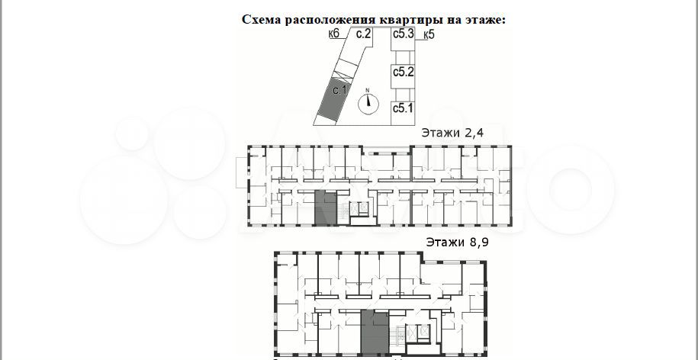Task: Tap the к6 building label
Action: (x=334, y=34)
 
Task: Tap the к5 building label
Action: (x=429, y=35)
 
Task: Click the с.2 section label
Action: (x=364, y=34)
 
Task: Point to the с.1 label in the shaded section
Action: (x=340, y=90)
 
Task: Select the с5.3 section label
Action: (x=404, y=34)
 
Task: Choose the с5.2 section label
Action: (x=404, y=72)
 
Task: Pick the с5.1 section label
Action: (x=404, y=108)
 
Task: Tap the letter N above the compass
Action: (x=368, y=90)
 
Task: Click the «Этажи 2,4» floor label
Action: (x=452, y=133)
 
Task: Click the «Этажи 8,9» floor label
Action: (x=457, y=243)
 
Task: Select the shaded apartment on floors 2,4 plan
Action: (x=326, y=207)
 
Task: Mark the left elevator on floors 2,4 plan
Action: (x=355, y=207)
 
